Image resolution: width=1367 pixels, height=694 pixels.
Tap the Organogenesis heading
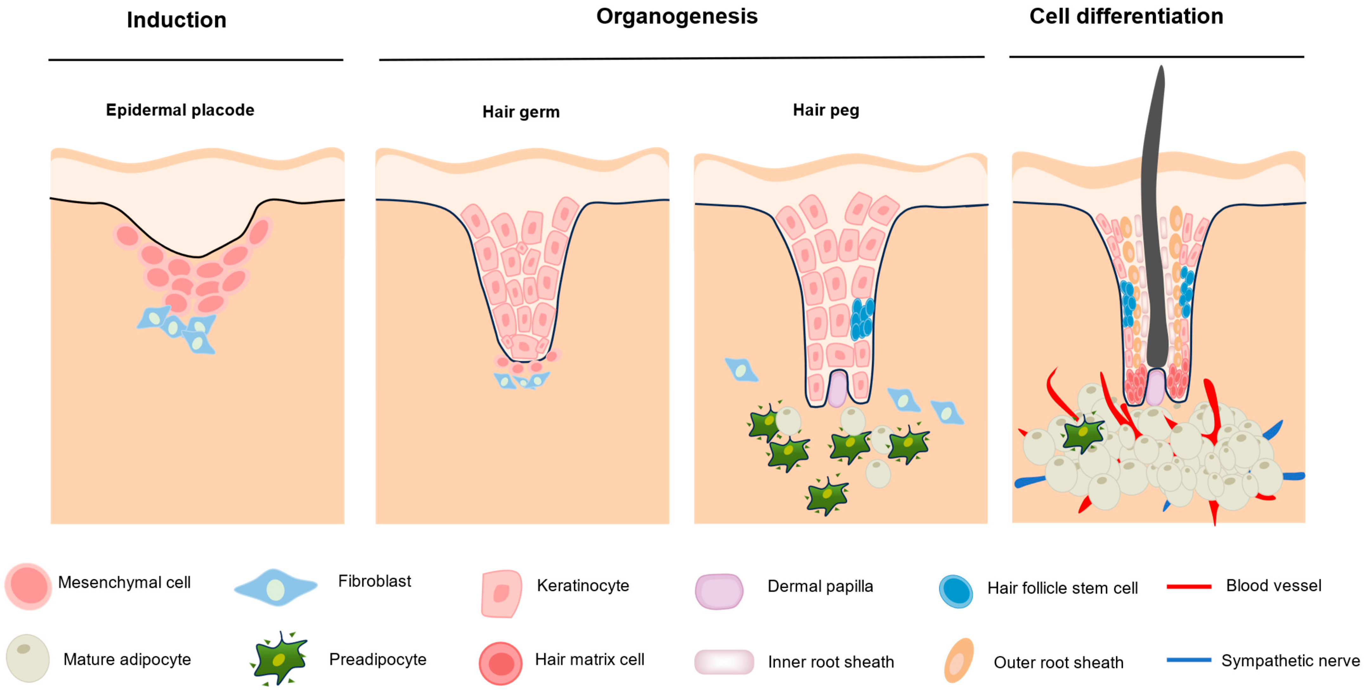677,16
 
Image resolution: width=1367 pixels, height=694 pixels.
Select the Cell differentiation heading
1126,16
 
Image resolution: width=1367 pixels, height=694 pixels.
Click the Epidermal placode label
180,110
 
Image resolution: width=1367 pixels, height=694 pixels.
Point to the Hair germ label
520,112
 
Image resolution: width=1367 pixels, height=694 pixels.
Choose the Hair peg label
826,110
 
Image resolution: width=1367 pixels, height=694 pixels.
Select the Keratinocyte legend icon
501,593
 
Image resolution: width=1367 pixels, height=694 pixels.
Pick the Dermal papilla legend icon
719,591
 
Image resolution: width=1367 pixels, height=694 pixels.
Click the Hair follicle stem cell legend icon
956,591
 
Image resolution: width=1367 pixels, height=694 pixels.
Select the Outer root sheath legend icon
958,660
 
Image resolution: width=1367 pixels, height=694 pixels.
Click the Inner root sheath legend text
830,662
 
